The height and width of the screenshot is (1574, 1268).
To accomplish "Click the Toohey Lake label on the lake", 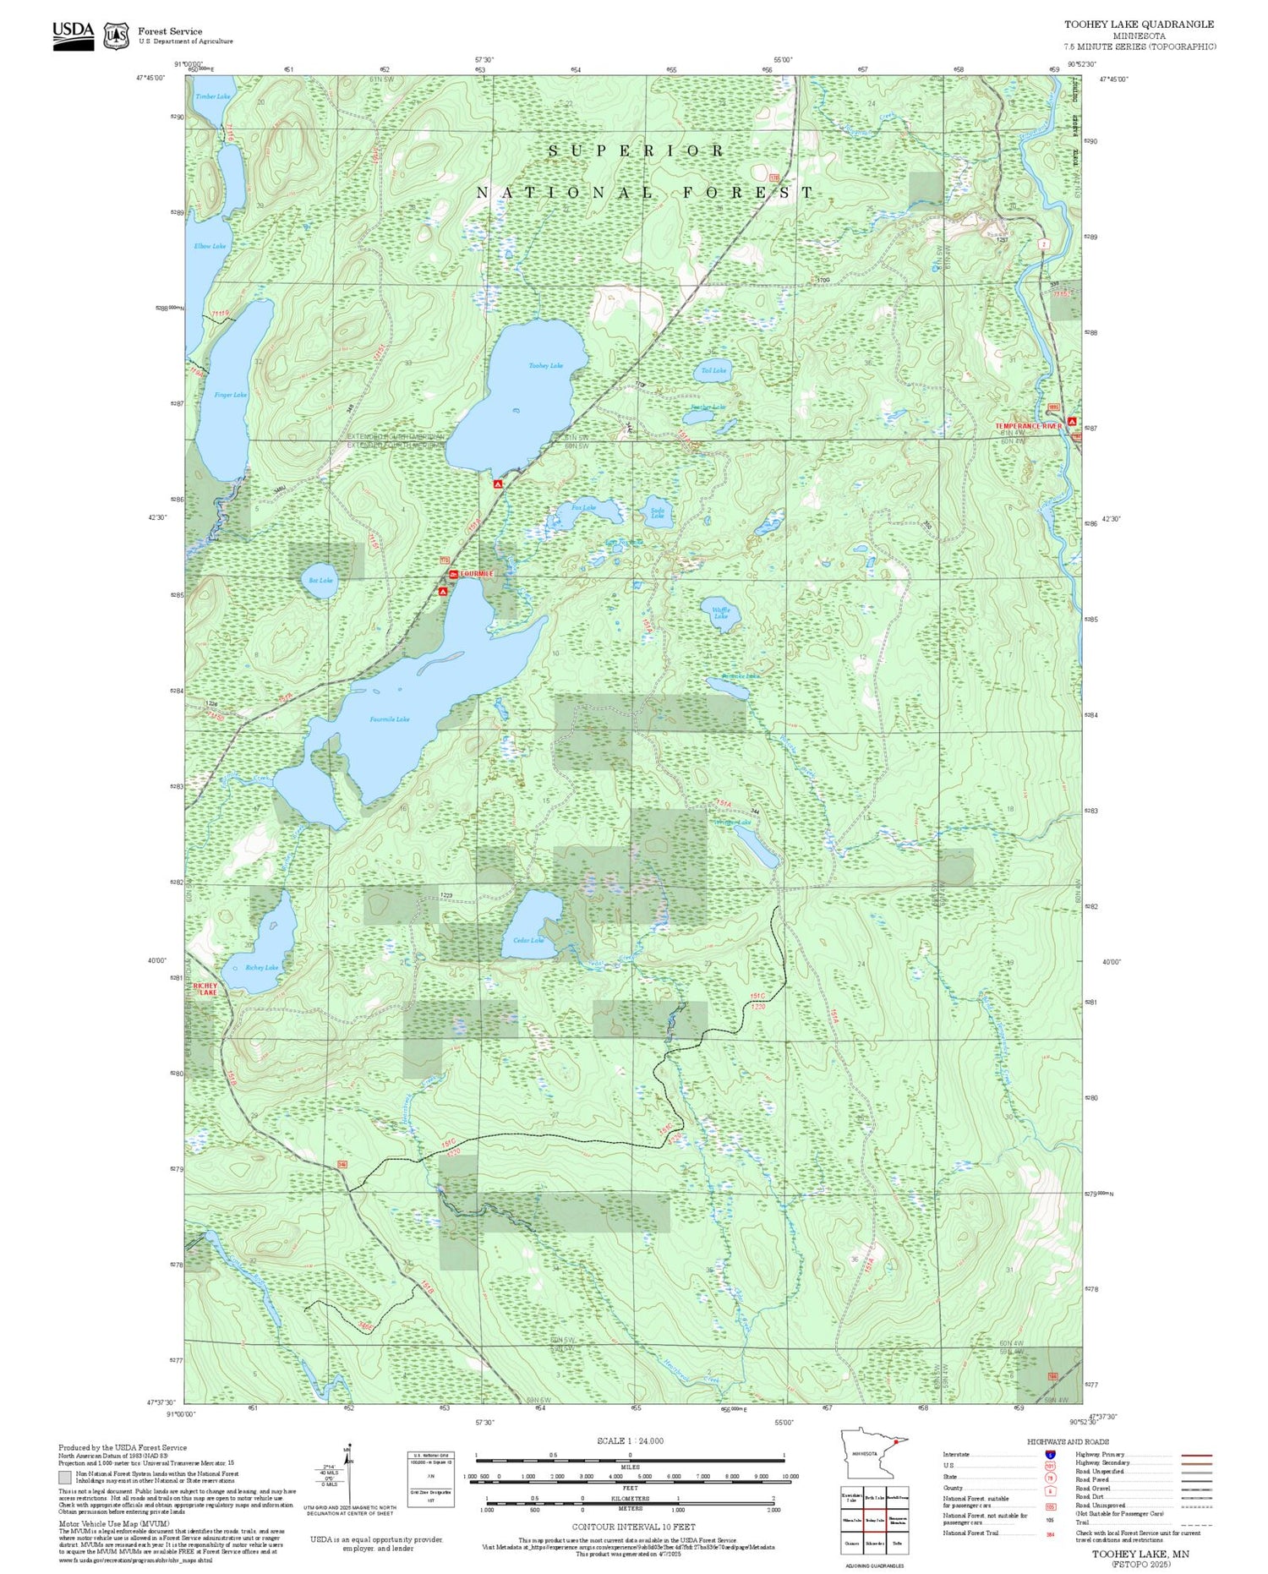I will click(545, 365).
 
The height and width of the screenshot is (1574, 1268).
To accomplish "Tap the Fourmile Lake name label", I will click(390, 719).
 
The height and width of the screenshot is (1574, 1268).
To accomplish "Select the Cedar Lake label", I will click(528, 940).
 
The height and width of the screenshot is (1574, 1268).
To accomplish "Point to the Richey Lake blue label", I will click(261, 967).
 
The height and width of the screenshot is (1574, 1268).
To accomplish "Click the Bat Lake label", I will click(320, 581).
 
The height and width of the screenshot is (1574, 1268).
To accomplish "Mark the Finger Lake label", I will click(230, 395).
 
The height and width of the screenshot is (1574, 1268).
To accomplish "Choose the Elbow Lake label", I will click(210, 246).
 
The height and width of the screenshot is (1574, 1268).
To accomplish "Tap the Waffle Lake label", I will click(720, 613).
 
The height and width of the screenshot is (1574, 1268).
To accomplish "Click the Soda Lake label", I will click(657, 512).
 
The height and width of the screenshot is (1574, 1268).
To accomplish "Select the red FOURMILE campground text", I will click(476, 574).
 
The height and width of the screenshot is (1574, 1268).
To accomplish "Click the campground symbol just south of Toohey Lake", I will click(498, 484).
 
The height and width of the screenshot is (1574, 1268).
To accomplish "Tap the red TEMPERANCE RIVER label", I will click(1028, 426).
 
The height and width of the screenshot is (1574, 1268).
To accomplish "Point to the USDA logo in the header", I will click(74, 36).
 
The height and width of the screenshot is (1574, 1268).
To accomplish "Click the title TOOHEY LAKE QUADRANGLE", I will click(1139, 25).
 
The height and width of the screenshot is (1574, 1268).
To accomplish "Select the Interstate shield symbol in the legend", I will click(1050, 1454).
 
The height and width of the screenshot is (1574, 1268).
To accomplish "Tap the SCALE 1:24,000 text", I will click(630, 1440).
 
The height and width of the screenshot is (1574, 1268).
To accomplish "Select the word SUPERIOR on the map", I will click(637, 151).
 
